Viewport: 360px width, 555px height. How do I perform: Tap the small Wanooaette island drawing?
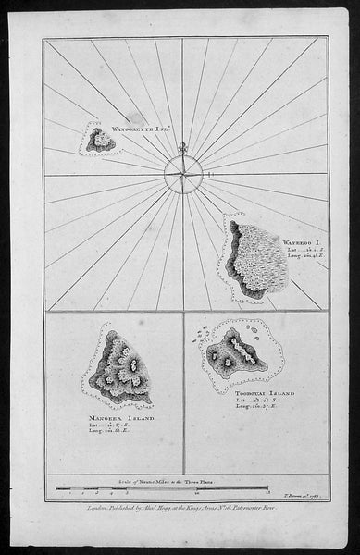click(x=100, y=140)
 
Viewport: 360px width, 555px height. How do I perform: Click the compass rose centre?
click(x=182, y=173)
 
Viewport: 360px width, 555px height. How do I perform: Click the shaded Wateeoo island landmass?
click(x=253, y=258)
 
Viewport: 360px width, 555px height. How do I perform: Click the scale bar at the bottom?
click(x=182, y=487)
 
